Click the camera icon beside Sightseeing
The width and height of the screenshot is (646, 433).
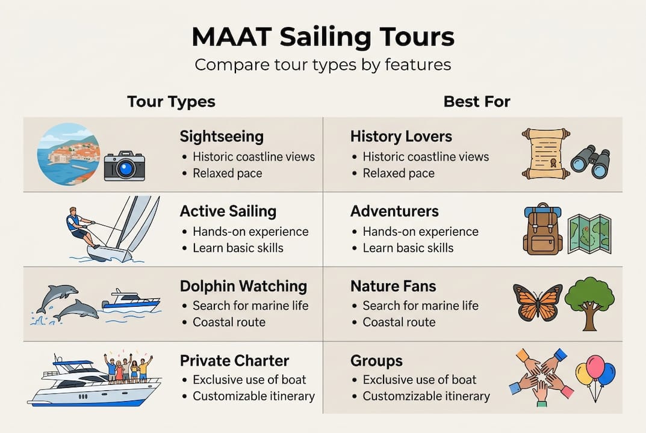coord(125,166)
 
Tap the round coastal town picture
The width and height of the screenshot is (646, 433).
coord(69,154)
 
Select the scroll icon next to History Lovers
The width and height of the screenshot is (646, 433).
coord(545,153)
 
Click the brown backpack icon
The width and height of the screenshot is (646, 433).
coord(542,229)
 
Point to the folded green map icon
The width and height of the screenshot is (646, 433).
coord(589,234)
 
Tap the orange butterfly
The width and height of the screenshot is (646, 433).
coord(538,301)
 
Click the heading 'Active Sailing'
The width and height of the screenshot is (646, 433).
coord(228,211)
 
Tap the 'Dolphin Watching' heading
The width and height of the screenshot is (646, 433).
coord(243,286)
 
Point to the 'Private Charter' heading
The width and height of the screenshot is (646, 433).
coord(234,361)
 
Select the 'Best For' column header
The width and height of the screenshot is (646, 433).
coord(477,102)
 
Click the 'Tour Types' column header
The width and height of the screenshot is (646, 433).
coord(171,102)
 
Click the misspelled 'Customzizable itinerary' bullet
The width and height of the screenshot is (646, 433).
coord(426,396)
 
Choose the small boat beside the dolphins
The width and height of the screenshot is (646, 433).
coord(131,300)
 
